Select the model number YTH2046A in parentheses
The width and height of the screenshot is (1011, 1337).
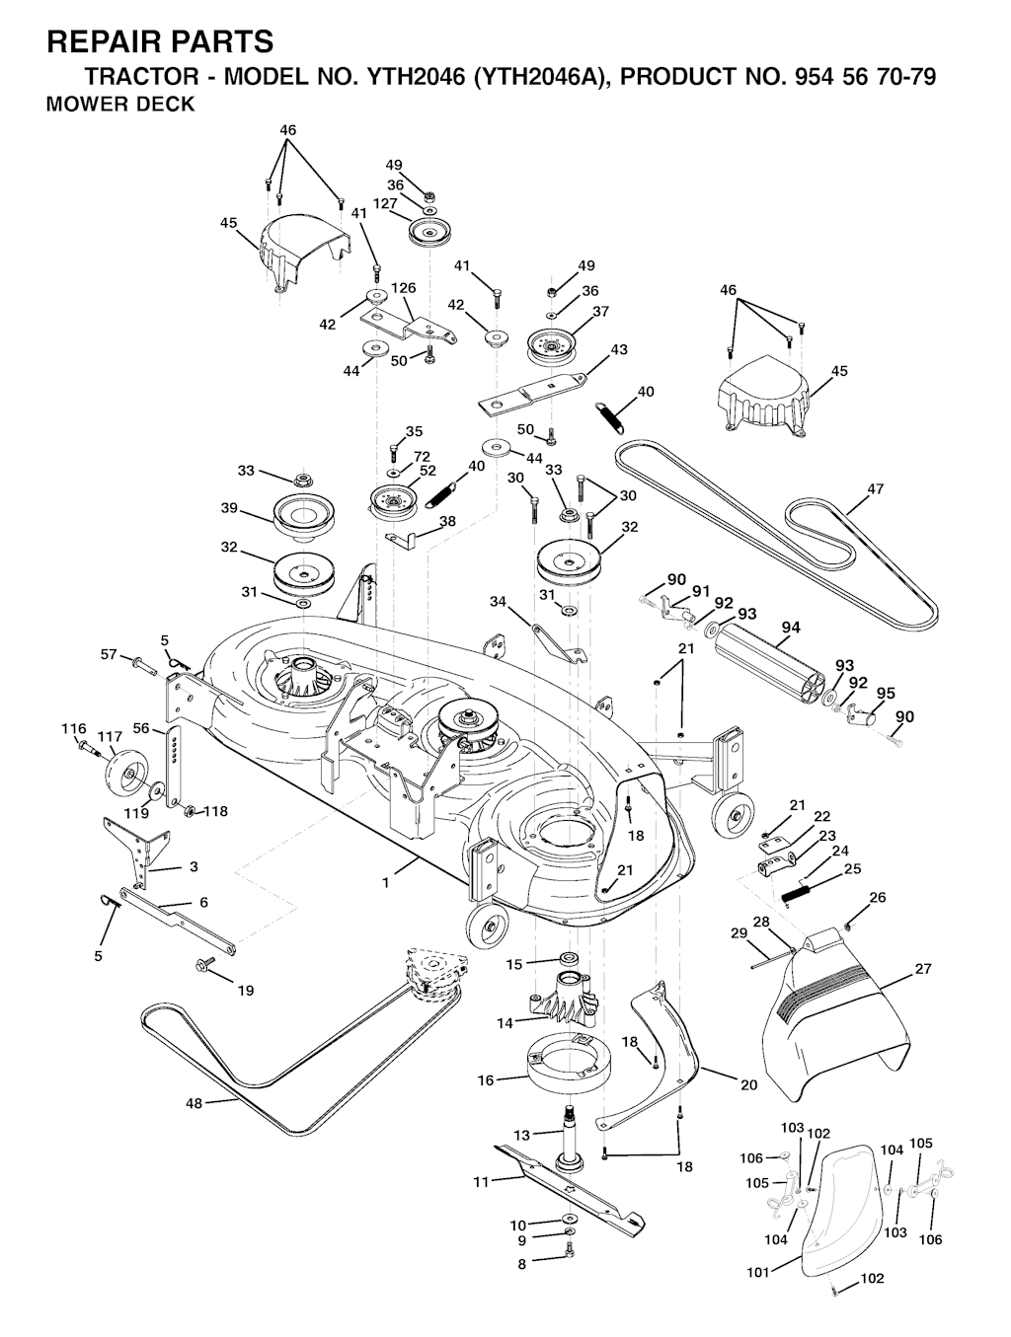coord(537,77)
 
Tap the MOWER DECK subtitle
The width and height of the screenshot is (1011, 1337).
coord(120,105)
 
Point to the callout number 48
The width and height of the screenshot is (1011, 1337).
coord(194,1104)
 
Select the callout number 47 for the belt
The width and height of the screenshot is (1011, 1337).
coord(875,489)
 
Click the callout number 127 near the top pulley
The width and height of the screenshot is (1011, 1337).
coord(385,204)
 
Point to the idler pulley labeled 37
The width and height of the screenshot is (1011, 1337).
coord(557,345)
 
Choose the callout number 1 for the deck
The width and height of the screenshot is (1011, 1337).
coord(385,883)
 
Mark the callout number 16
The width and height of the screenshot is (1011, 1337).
coord(486,1081)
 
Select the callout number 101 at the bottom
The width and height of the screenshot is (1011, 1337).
coord(757,1273)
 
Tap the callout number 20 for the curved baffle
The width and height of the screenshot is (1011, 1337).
coord(749,1085)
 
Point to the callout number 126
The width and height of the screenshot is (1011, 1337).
coord(403,288)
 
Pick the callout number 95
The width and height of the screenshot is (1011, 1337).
coord(886,693)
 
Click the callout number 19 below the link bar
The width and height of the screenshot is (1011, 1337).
coord(246,990)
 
